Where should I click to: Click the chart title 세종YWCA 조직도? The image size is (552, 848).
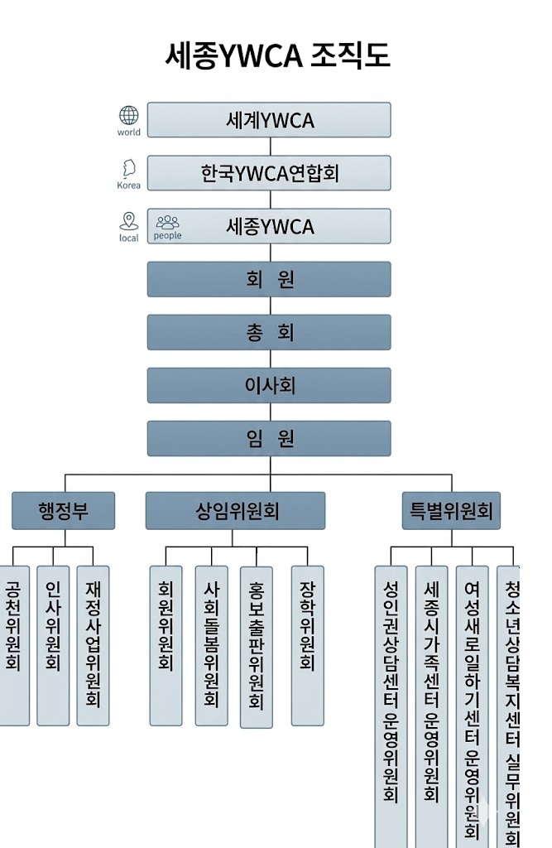coord(277,55)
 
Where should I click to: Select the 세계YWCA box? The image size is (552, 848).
coord(269,120)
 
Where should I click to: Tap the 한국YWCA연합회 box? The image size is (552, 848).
coord(269,173)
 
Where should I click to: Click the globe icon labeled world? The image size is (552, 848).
coord(129,116)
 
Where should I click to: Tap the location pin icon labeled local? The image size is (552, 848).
coord(128,221)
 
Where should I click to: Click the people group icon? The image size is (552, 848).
coord(168,222)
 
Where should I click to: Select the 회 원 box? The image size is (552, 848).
coord(269,279)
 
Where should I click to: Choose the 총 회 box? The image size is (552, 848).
coord(269,332)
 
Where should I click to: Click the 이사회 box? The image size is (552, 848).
coord(269,385)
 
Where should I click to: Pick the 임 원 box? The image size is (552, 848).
coord(269,438)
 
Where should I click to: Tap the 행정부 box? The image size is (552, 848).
coord(64,511)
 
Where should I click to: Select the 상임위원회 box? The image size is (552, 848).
coord(236,511)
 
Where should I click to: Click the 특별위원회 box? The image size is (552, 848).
coord(451,511)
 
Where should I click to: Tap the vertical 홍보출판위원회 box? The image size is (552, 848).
coord(257,646)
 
